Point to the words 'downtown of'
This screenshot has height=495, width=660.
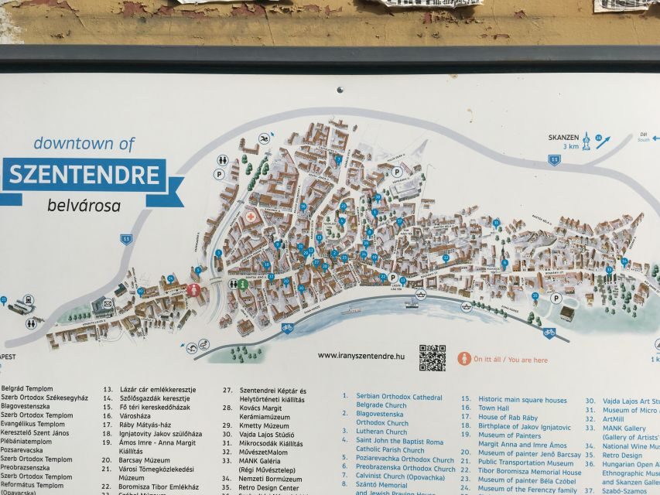(84, 143)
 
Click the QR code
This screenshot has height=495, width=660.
(433, 357)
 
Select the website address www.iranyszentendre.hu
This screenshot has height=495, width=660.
(361, 356)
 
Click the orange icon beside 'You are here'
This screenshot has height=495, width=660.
(464, 359)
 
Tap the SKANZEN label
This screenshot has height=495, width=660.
(563, 138)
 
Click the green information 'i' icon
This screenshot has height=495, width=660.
(242, 285)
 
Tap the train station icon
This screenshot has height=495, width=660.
(29, 300)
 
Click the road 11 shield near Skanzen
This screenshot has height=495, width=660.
(554, 159)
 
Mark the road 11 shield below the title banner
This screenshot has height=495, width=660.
(125, 239)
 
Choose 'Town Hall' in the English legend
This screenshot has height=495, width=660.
(493, 408)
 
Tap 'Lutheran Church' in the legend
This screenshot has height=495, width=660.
(381, 432)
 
